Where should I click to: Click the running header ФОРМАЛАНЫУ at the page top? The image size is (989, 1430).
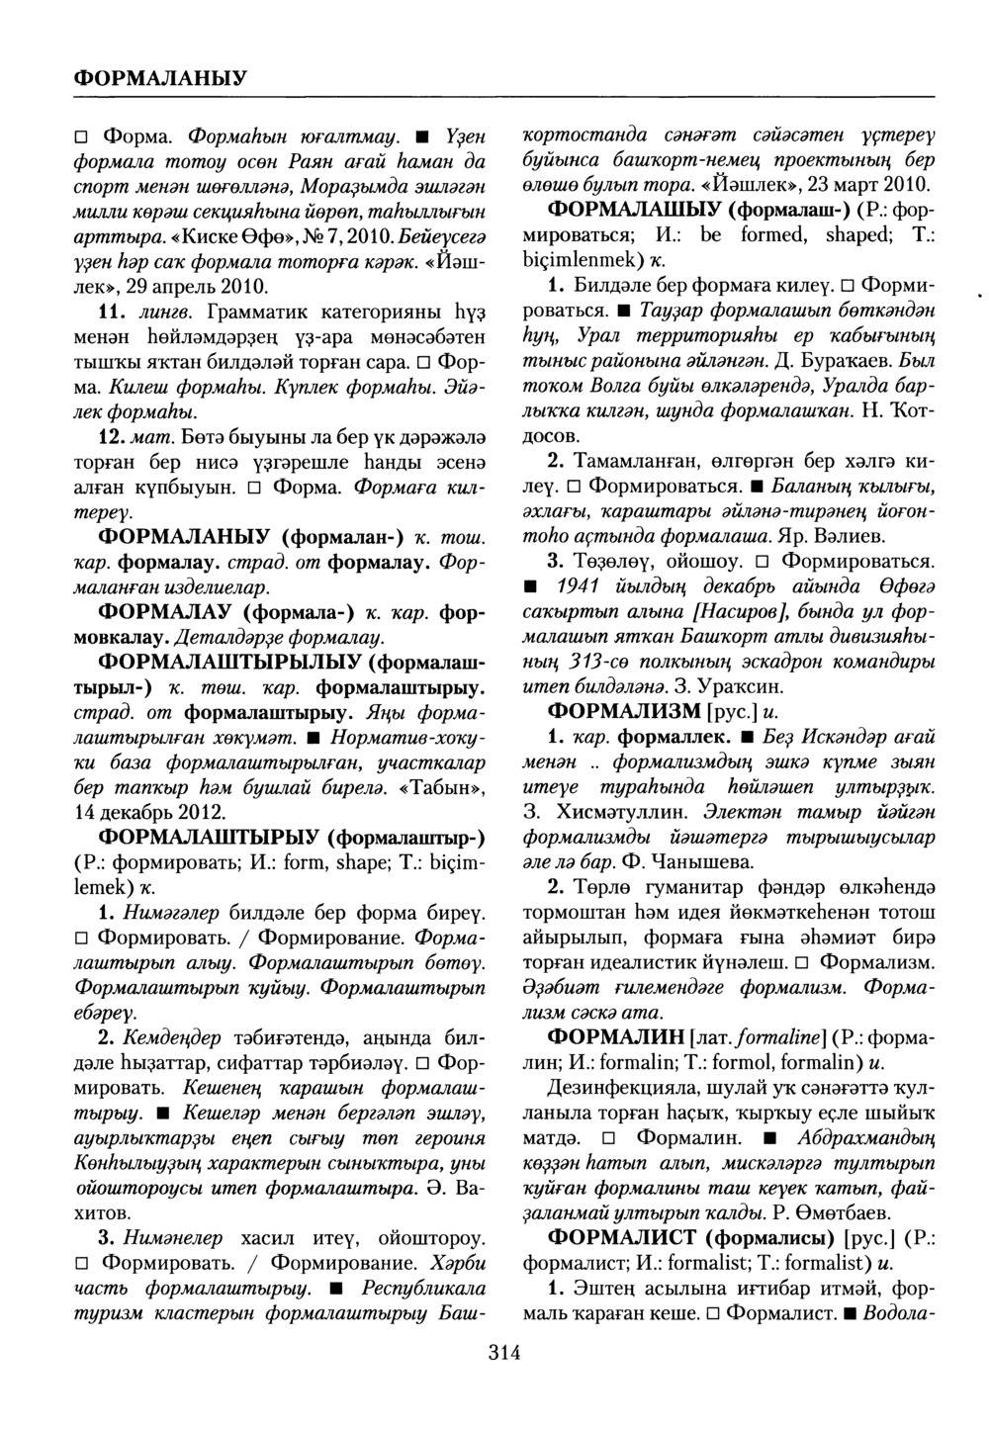click(x=161, y=76)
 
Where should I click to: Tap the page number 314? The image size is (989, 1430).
click(x=504, y=1353)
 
